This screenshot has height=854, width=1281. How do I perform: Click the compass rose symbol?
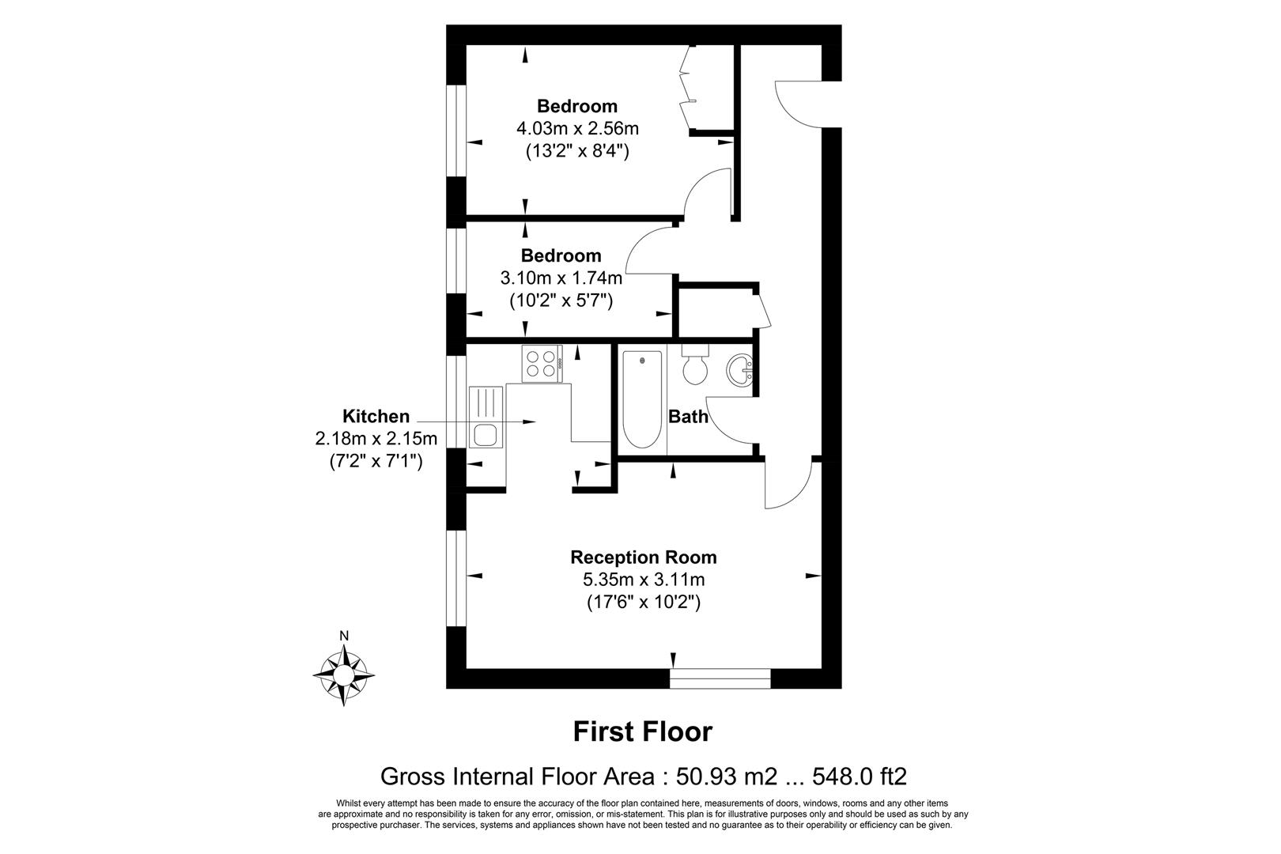coord(344,675)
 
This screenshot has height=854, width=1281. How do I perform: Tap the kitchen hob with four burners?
coord(542,364)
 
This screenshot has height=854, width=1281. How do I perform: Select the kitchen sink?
coord(485,433)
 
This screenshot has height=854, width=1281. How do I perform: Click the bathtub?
coord(641,402)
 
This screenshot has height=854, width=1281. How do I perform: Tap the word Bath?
coord(688,417)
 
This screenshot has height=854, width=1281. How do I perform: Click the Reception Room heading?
coord(643,557)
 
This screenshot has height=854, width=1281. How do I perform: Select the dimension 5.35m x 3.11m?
coord(643,580)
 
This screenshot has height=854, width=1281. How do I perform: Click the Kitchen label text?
coord(376,416)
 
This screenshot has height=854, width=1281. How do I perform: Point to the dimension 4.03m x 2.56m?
coord(576,128)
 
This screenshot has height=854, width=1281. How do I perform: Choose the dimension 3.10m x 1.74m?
coord(561,278)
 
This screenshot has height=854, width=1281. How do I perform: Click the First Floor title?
coord(642,731)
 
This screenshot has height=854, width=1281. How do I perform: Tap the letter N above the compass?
coord(344,636)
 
